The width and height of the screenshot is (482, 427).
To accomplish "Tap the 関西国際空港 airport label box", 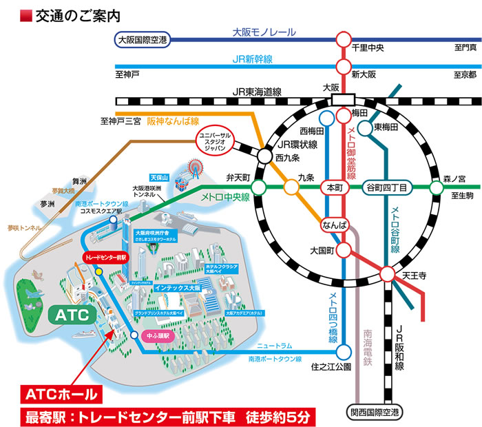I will click(x=373, y=413).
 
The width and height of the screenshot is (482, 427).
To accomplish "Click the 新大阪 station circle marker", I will click(x=342, y=67).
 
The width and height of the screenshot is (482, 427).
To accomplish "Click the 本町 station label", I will click(x=335, y=187).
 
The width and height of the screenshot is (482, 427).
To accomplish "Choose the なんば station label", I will click(x=333, y=225).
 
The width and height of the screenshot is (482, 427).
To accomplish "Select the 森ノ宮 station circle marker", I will click(x=436, y=187).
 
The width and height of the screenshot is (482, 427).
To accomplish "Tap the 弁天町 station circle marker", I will click(x=259, y=187).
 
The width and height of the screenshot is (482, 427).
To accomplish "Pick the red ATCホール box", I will click(x=63, y=395).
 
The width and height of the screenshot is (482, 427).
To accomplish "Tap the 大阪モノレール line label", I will click(x=264, y=32).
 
